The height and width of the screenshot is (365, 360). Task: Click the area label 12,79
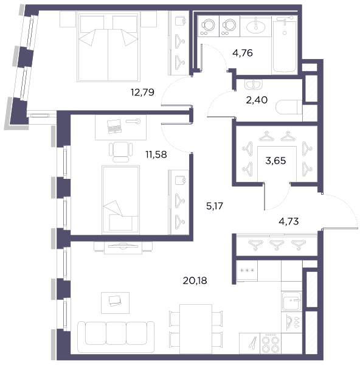pos(142,92)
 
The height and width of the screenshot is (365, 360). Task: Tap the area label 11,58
pos(156,155)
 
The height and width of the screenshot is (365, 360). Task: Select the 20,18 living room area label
pos(195,280)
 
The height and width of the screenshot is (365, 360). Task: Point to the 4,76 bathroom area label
pos(243,53)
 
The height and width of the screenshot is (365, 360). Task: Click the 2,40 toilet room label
pos(257,100)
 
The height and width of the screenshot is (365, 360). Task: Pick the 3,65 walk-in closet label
pos(275,161)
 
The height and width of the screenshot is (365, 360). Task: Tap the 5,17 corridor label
pos(215,206)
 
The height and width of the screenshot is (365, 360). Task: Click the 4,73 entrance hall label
pos(289,221)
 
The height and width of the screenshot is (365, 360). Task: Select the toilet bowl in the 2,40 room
pos(289,107)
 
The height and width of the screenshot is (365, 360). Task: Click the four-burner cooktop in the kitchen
pos(271,344)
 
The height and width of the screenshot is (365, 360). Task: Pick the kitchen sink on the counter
pos(291,301)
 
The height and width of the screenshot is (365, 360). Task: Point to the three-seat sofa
pos(116,337)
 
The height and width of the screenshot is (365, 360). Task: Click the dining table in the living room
pos(196,329)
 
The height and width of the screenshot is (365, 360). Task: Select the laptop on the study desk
pos(114,127)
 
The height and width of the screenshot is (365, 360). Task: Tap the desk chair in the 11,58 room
pos(121,151)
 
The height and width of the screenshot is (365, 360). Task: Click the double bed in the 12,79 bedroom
pos(108,47)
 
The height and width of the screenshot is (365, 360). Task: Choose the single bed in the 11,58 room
pos(121,200)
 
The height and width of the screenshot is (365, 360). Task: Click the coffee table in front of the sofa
pos(115,303)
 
